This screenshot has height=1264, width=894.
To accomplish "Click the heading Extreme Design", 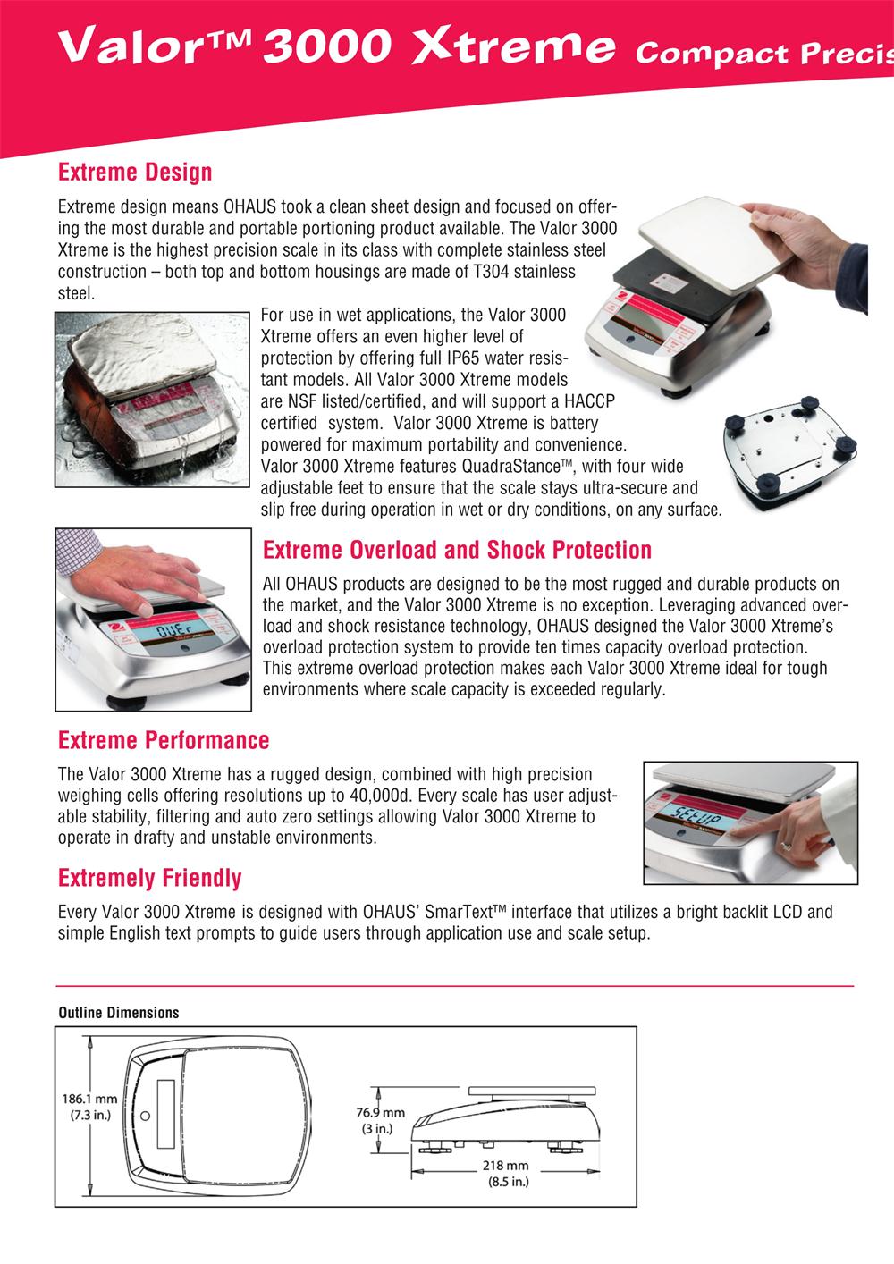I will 135,171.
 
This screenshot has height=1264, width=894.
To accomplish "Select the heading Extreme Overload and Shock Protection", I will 457,549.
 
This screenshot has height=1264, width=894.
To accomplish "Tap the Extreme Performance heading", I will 164,740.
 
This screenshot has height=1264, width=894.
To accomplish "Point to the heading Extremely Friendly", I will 149,878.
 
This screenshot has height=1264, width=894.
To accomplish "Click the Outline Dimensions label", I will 118,1013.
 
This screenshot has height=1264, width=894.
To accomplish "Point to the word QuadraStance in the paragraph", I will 510,466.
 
